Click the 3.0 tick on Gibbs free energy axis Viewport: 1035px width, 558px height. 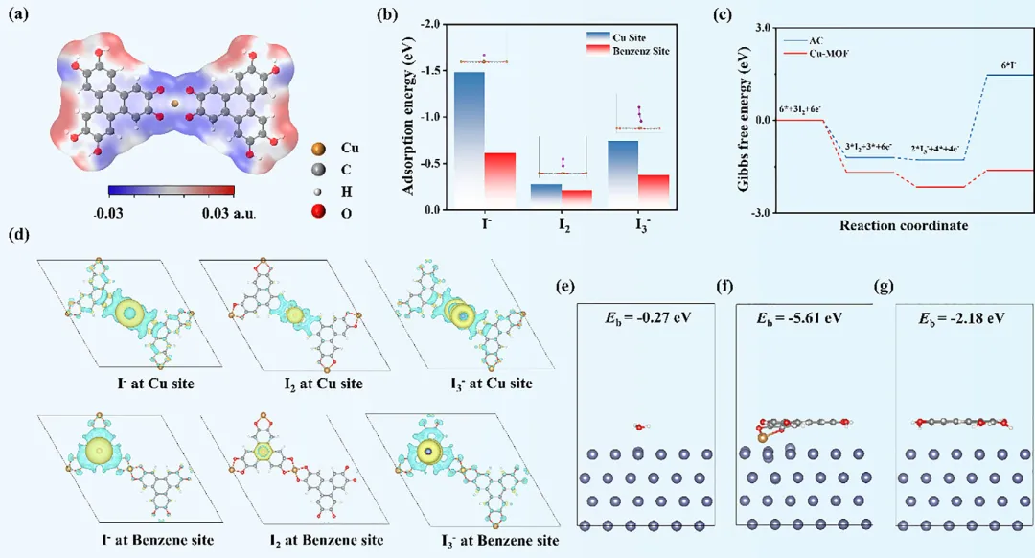click(x=763, y=28)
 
